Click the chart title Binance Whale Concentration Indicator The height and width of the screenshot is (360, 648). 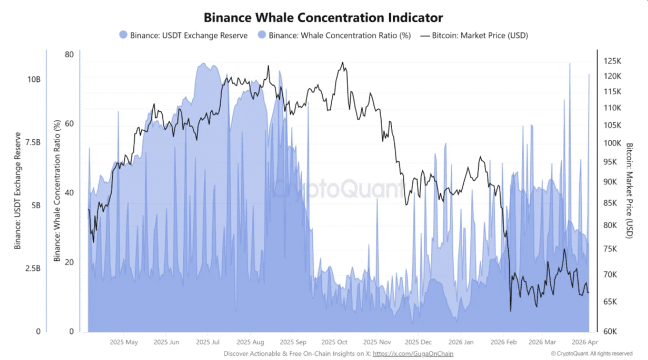323,18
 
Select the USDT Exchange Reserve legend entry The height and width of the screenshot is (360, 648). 183,35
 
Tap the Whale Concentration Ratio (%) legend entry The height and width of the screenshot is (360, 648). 334,35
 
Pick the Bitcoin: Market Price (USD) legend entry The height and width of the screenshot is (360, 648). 473,35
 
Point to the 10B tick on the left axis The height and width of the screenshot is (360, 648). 33,79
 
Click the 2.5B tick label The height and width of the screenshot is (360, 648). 32,269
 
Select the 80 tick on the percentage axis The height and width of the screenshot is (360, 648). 69,54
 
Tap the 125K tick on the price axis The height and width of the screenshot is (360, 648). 612,61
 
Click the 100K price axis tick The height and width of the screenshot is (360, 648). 612,143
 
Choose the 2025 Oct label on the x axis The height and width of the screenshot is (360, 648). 334,342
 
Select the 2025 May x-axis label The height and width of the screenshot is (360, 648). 124,342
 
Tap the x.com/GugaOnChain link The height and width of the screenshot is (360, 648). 413,354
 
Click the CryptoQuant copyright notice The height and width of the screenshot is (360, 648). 591,354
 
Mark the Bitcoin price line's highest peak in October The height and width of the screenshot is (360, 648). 342,62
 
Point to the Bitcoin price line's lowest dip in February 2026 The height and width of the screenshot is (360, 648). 510,311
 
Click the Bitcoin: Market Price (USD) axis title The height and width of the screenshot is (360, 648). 629,190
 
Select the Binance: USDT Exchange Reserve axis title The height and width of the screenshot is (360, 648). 18,190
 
